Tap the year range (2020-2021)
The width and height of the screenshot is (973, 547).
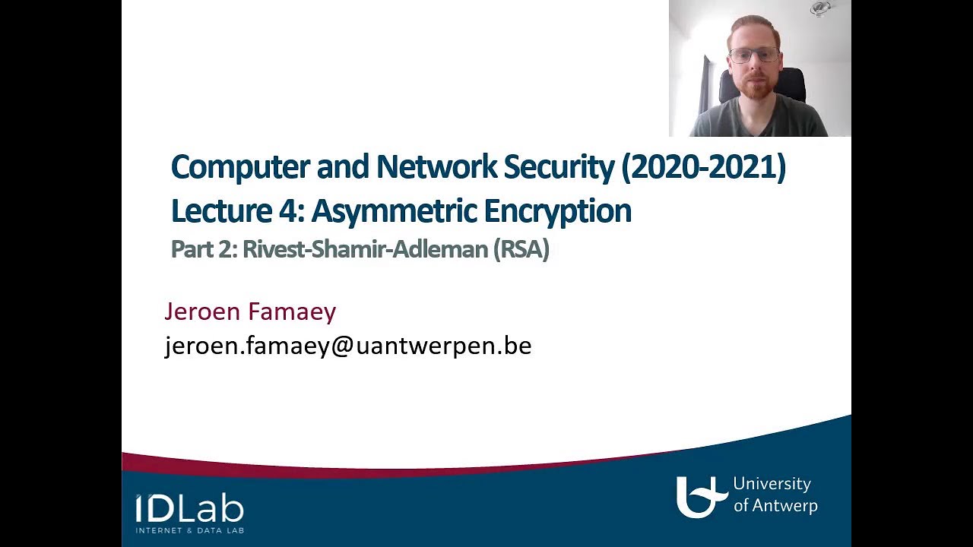703,167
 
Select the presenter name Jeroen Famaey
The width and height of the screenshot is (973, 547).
250,311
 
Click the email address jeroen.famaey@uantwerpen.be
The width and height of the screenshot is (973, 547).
348,346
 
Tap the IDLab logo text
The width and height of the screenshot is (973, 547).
189,508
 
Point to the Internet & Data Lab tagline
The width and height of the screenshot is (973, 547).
189,530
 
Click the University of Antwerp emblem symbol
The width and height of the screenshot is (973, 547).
698,497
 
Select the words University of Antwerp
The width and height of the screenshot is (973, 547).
775,495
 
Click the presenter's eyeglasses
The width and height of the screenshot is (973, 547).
753,55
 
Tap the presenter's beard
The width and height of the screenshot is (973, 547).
755,88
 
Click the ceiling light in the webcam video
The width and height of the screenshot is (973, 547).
820,8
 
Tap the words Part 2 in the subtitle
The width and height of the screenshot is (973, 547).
203,249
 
